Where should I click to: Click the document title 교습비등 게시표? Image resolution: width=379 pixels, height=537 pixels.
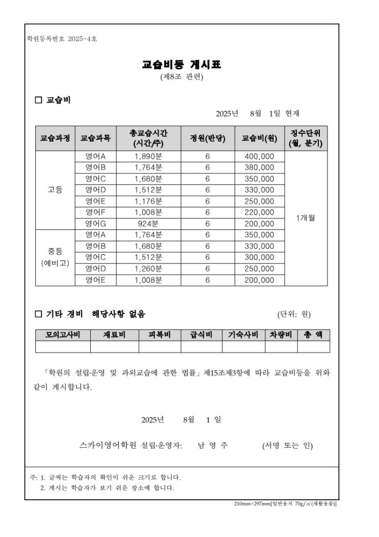182,65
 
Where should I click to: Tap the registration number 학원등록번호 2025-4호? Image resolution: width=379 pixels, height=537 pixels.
62,39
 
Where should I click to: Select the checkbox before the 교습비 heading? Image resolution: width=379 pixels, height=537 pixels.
38,100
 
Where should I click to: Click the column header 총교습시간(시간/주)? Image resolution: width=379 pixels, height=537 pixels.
148,138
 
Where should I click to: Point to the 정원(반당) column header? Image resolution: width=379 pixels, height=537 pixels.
208,138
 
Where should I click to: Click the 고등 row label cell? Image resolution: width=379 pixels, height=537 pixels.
55,190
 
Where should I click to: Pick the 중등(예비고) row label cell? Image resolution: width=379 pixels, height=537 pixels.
55,257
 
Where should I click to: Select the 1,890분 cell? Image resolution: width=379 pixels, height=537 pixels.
148,157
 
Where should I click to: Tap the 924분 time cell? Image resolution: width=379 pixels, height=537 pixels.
148,224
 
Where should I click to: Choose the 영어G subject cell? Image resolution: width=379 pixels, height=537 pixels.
96,224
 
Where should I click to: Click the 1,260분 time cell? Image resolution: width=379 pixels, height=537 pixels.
148,268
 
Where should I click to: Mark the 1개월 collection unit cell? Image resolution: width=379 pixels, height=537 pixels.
306,218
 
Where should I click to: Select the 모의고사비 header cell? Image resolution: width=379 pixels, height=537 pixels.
63,335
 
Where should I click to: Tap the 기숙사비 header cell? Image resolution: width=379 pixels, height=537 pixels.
243,335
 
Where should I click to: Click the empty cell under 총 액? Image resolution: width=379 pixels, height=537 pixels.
313,347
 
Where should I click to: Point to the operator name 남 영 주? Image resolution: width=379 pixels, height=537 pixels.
213,446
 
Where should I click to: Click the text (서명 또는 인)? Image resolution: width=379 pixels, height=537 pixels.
287,446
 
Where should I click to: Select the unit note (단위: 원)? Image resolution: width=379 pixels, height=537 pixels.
294,314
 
